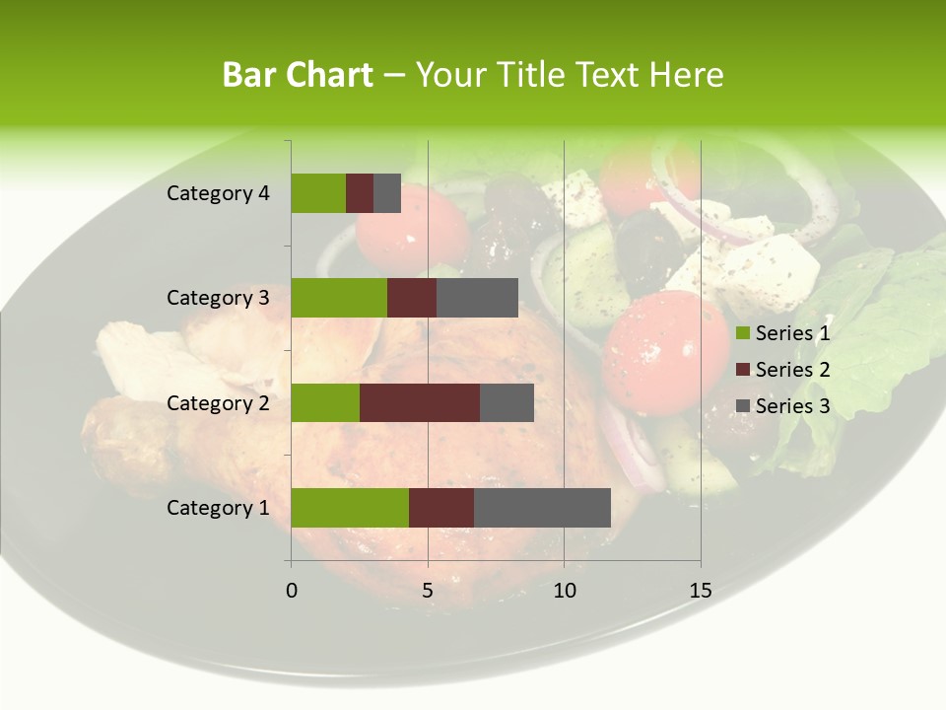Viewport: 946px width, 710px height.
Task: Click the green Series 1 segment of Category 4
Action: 318,193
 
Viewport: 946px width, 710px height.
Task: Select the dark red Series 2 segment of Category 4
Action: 360,193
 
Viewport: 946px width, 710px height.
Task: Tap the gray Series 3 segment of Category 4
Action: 387,193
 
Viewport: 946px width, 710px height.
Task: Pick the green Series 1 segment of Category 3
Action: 339,298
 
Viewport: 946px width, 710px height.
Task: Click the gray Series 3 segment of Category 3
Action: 477,298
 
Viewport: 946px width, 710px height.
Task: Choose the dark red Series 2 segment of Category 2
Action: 420,402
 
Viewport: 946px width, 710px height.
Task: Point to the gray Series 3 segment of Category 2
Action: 507,402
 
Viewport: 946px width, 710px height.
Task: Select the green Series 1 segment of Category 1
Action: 350,508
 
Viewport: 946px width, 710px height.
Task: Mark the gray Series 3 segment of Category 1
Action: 542,508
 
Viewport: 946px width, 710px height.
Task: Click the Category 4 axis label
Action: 218,193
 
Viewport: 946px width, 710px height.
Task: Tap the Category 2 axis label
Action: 218,402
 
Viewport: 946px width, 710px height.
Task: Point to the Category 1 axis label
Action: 218,508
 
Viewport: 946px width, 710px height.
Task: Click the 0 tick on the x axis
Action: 292,591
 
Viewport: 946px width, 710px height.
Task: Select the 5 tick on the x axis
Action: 428,591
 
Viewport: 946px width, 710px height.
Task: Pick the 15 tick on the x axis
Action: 700,591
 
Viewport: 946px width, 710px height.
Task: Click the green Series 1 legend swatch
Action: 743,333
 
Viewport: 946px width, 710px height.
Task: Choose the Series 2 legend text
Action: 792,370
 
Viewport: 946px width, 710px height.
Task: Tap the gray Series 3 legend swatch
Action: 743,405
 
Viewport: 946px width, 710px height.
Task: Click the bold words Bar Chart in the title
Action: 297,75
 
